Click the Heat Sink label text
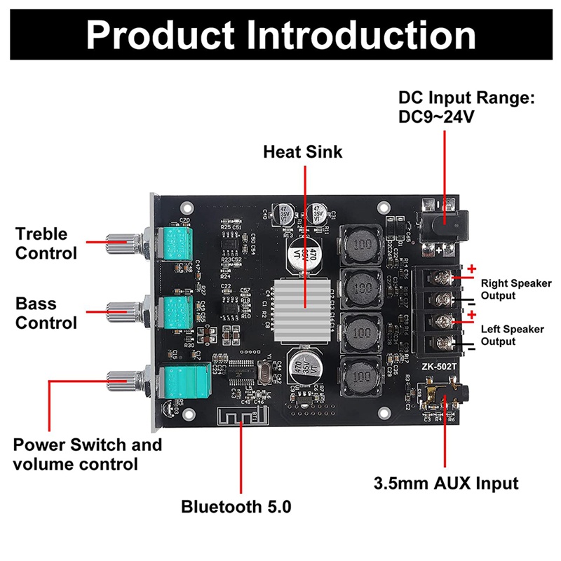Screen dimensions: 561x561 (x=303, y=151)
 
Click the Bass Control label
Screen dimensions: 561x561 (x=46, y=313)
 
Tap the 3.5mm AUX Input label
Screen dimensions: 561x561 (x=446, y=483)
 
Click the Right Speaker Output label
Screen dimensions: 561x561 (x=515, y=290)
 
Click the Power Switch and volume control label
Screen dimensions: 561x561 (x=87, y=454)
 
